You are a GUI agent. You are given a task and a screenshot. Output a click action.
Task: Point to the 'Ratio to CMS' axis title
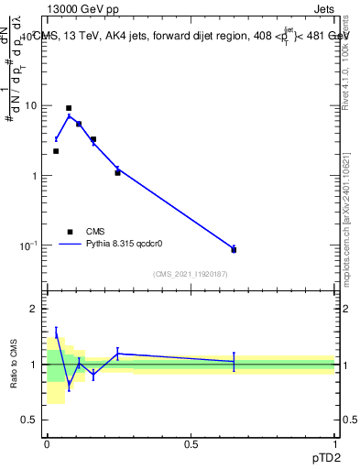[14, 365]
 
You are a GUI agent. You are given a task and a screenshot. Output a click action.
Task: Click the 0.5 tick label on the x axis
[191, 444]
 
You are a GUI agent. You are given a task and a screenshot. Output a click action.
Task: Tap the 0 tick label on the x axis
[47, 444]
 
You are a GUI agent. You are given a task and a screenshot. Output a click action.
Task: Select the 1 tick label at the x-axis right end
[334, 444]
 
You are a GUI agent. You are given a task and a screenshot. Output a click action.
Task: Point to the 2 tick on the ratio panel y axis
[35, 309]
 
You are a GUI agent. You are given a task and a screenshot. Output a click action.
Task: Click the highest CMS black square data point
[69, 108]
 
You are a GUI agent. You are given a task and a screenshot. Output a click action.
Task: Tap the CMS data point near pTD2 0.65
[234, 250]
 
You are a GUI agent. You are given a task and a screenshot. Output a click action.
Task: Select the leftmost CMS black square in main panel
[56, 151]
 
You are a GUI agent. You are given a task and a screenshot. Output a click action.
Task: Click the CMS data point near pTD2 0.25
[117, 172]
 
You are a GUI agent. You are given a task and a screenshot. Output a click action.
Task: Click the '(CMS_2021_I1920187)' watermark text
[191, 273]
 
